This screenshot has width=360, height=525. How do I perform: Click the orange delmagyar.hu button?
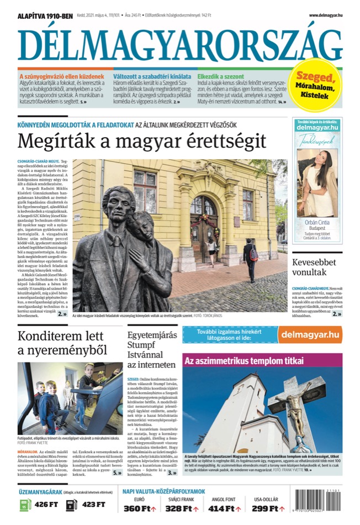[x=310, y=334]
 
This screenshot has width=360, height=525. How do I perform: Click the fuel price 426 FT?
[x=46, y=505]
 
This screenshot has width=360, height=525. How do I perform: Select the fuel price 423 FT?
[x=93, y=505]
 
